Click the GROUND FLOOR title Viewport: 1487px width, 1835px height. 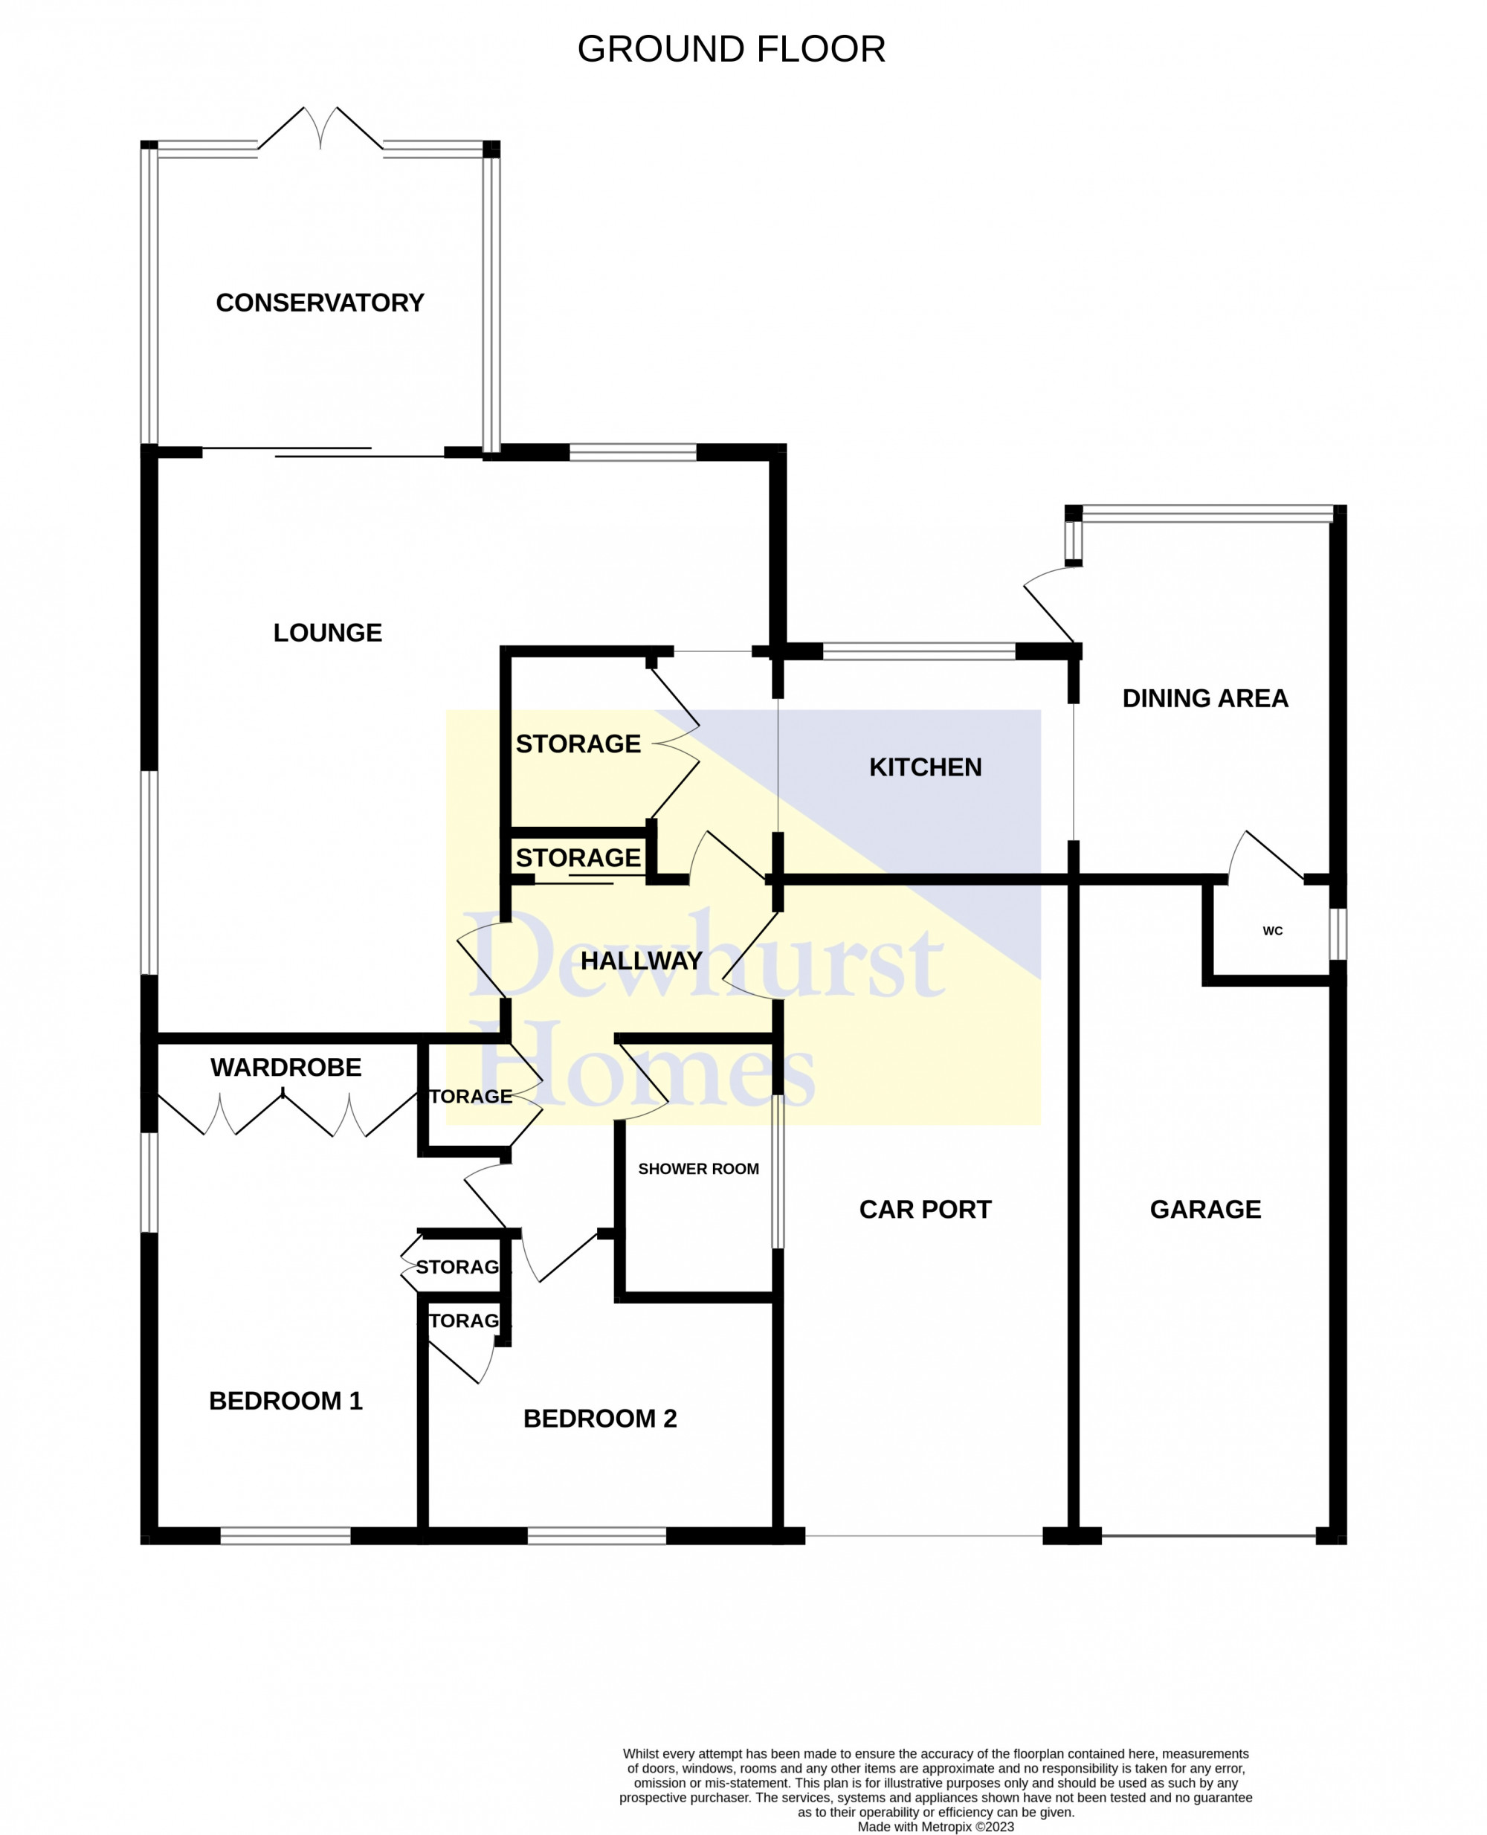731,49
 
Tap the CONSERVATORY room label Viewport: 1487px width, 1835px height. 320,303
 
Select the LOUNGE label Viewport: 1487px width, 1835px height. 327,632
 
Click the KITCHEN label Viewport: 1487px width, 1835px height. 925,767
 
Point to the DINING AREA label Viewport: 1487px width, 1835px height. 1205,698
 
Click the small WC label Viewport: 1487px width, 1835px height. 1272,930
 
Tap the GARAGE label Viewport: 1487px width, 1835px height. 1205,1209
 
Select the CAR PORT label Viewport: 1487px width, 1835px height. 925,1209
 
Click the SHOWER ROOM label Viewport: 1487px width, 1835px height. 698,1169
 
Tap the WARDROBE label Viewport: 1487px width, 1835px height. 286,1068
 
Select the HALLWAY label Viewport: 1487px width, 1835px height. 641,961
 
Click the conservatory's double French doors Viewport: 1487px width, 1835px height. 320,129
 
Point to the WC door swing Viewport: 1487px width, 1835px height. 1266,857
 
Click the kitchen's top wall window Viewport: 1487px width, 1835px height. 918,651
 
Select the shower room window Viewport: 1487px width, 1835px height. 778,1171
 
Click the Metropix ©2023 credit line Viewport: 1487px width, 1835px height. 935,1826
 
